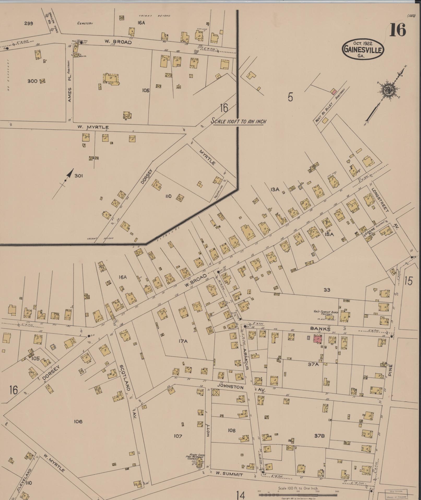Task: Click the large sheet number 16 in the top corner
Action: coord(398,30)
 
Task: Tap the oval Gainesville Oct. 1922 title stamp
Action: coord(363,50)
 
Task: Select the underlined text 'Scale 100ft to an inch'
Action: coord(238,121)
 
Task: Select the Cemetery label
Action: coord(85,24)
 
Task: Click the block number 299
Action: coord(28,23)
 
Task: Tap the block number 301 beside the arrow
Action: coord(79,176)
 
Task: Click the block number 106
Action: coord(78,421)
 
